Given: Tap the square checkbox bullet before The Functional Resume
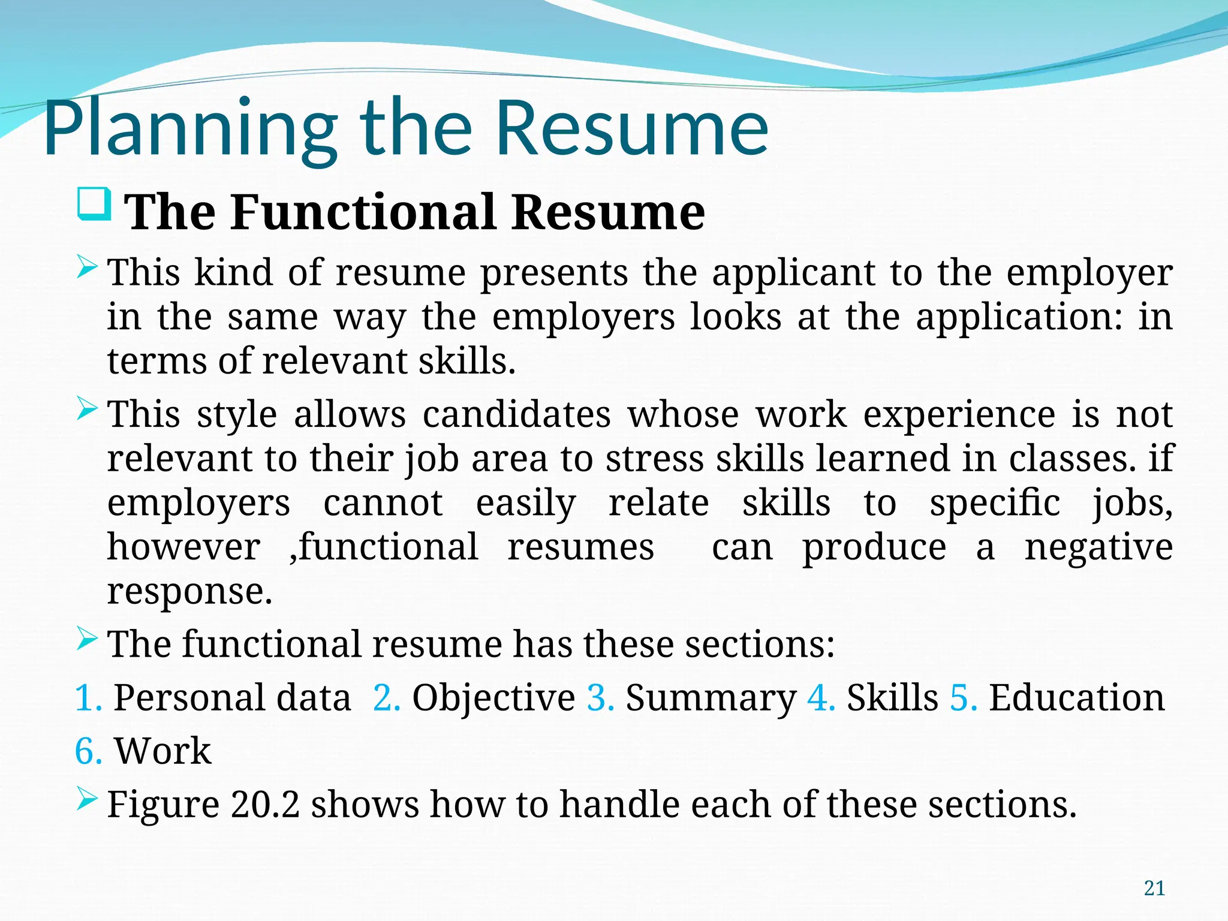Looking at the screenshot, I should coord(95,204).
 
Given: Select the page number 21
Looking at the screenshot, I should coord(1154,888).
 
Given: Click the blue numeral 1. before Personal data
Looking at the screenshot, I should coord(88,698).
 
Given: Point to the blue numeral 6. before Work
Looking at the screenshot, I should coord(88,751).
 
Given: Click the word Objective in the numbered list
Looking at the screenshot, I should coord(493,698).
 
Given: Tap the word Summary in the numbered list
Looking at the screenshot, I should coord(711,698).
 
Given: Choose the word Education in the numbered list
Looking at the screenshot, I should coord(1076,698).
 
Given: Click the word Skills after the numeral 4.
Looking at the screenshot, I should coord(892,698).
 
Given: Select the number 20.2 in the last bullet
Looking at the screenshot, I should coord(264,805).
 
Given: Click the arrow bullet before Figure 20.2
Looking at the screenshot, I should coord(88,799).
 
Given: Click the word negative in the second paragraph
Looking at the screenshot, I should coord(1098,547).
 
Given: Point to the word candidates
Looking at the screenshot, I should coord(516,415).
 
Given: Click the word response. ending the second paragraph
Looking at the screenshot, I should coord(189,592).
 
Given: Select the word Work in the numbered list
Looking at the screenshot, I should coord(162,751).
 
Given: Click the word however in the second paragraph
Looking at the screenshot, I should coord(183,547).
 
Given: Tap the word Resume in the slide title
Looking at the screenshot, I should coord(632,129).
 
